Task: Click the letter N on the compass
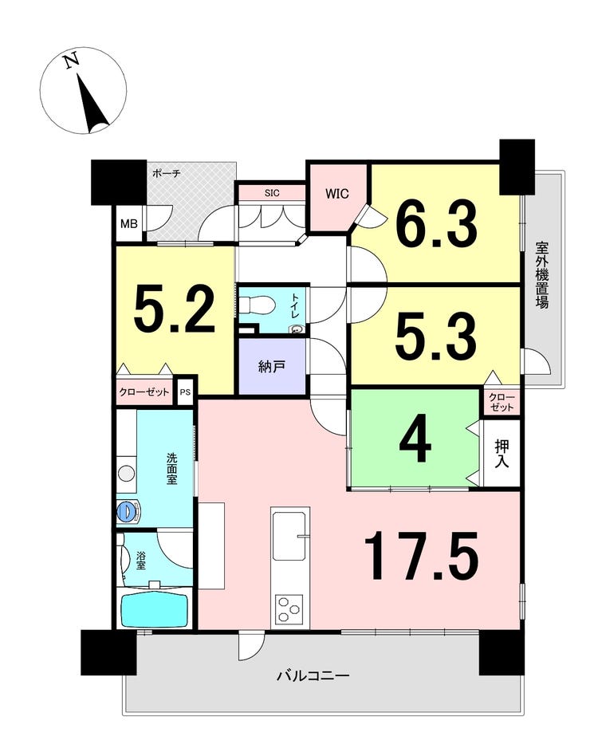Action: [72, 61]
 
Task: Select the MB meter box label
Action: [129, 223]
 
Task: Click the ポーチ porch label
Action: [167, 174]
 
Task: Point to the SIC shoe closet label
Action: [272, 193]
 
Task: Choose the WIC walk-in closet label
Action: [337, 194]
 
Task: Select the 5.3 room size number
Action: [436, 337]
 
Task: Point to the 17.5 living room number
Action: [421, 556]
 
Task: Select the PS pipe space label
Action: [185, 392]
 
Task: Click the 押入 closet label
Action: [501, 454]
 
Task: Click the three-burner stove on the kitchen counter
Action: [289, 608]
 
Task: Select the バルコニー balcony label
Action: [314, 676]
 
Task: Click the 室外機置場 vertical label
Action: [541, 275]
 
